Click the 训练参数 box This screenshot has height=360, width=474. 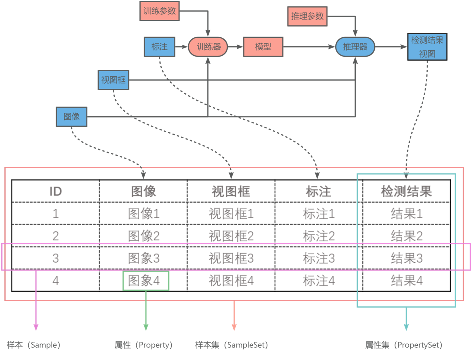pos(160,11)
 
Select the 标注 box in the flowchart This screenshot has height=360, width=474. pos(159,47)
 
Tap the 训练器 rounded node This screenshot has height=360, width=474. pos(208,47)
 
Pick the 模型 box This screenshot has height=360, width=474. pos(263,47)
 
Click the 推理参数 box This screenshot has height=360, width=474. pos(307,16)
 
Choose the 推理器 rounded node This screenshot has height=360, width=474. pos(355,47)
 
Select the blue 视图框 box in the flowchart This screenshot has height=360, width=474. pos(113,80)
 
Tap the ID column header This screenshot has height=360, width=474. pos(56,191)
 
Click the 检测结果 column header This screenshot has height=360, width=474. pos(406,191)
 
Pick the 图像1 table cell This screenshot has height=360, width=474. pos(144,214)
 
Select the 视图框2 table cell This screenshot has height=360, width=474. pos(231,236)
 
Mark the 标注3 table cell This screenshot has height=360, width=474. pos(319,258)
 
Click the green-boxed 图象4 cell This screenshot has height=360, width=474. pos(146,281)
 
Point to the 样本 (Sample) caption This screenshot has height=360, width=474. pos(33,345)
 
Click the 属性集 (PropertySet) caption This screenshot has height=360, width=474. pos(403,345)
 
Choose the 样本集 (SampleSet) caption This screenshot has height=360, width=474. pos(231,345)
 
